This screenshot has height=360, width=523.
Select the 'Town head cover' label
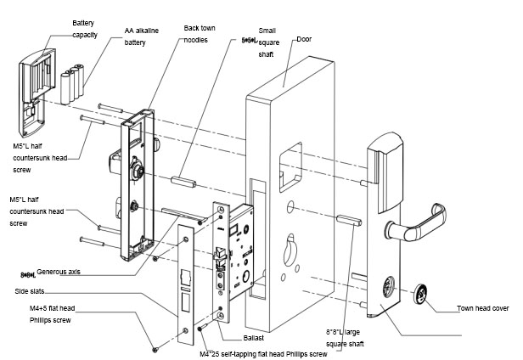click(486, 308)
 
